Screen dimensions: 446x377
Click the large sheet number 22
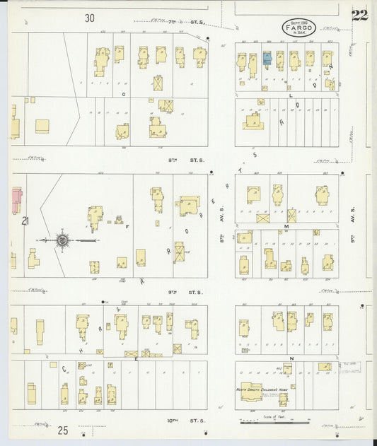click(x=359, y=16)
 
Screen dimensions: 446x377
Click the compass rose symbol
click(x=62, y=240)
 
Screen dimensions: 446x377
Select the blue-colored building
click(x=267, y=59)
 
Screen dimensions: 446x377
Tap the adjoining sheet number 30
click(x=88, y=18)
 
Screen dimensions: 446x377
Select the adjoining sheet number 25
click(x=63, y=429)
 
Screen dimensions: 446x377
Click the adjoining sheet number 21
click(x=25, y=221)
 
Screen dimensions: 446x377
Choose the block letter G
click(x=124, y=93)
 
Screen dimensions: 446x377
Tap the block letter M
click(x=286, y=226)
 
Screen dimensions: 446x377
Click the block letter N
click(x=291, y=358)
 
